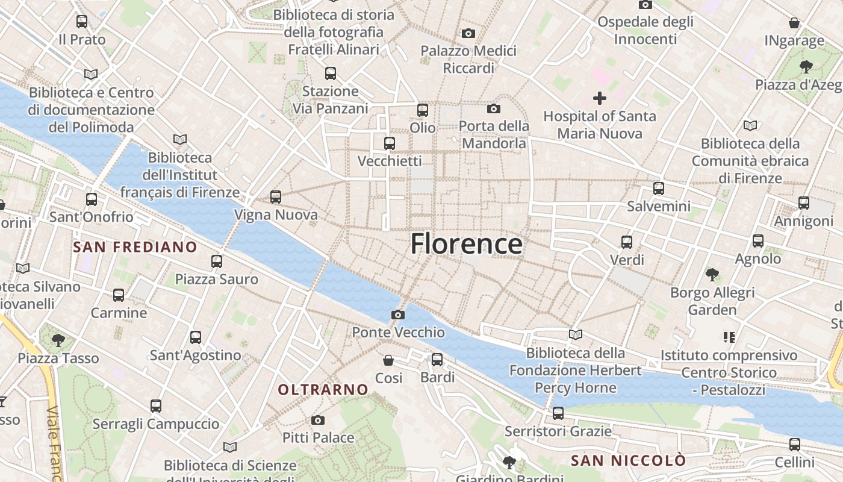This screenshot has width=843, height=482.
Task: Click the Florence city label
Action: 466,244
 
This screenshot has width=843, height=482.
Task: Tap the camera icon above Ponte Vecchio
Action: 397,315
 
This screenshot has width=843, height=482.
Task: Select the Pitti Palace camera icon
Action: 318,420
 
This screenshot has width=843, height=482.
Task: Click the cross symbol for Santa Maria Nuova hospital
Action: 600,98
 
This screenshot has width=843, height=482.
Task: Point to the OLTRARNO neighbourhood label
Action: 323,390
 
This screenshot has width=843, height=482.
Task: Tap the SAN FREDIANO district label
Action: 135,247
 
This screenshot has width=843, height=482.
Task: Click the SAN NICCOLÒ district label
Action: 628,461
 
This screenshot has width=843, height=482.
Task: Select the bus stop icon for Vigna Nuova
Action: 276,197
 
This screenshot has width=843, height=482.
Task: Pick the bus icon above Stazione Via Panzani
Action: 330,74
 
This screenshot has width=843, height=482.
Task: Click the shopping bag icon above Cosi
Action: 388,360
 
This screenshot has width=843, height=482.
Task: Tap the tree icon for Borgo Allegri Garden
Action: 712,275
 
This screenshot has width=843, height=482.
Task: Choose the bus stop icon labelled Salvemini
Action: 659,189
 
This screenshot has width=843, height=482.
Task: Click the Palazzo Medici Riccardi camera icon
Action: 468,34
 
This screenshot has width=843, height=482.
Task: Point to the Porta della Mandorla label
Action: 494,134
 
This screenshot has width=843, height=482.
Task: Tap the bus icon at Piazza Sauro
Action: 217,261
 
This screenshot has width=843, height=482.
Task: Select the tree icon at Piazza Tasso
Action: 58,340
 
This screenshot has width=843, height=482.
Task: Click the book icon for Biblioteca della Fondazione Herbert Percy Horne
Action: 576,334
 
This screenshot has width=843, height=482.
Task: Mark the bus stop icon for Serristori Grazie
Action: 558,413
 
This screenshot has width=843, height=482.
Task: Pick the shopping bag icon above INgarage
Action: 794,23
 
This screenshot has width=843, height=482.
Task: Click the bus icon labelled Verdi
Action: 627,242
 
